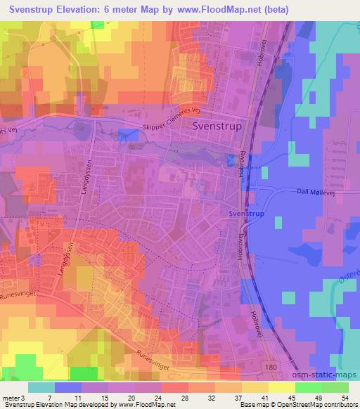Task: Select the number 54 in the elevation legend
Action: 345,398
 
